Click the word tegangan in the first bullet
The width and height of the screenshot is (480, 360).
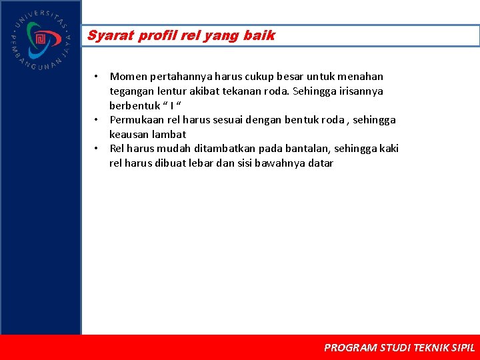(x=132, y=91)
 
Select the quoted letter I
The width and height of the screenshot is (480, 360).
(x=171, y=106)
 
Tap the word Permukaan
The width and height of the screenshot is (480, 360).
(x=137, y=120)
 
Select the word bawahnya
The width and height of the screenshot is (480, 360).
(x=281, y=163)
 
